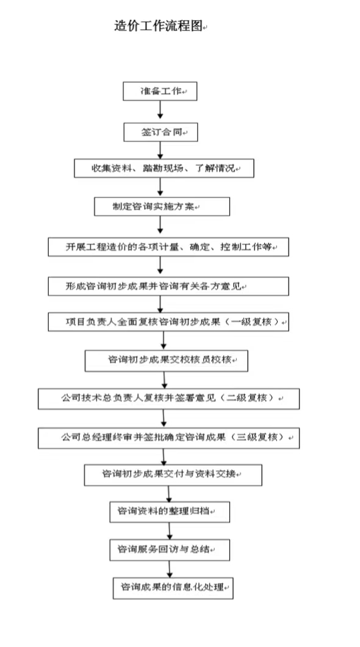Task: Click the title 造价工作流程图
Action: (158, 26)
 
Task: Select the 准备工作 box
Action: (160, 91)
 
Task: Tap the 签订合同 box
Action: (160, 132)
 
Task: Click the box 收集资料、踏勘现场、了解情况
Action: (164, 168)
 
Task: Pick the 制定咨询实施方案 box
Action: (162, 206)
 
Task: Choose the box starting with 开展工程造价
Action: (168, 247)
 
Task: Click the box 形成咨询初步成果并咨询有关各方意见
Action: (168, 287)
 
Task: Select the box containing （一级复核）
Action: (168, 322)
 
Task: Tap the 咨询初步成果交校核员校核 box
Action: (167, 360)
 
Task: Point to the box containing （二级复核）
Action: (169, 399)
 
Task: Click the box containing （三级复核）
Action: (169, 438)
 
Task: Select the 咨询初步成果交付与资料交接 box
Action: (173, 475)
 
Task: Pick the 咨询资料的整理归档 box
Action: (170, 512)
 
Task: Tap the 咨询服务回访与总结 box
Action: (170, 550)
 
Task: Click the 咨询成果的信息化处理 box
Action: (173, 588)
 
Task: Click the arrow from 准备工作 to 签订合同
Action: (160, 110)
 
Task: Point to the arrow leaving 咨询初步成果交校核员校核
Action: (164, 380)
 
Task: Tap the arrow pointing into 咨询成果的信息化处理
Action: (169, 569)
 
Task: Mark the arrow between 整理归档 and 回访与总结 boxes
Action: (169, 531)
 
